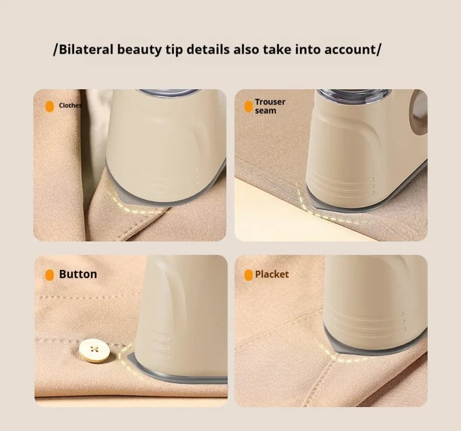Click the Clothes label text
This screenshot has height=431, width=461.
(70, 106)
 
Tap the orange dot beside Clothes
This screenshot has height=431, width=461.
(50, 106)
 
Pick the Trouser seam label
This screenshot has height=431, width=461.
(270, 106)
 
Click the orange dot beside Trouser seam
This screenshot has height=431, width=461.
(247, 106)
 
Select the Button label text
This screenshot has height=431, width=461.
(78, 274)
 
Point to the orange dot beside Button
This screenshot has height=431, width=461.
(50, 275)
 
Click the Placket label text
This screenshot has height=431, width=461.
(271, 274)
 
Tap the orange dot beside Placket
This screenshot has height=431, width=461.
(249, 275)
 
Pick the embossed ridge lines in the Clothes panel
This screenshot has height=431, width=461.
(175, 173)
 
